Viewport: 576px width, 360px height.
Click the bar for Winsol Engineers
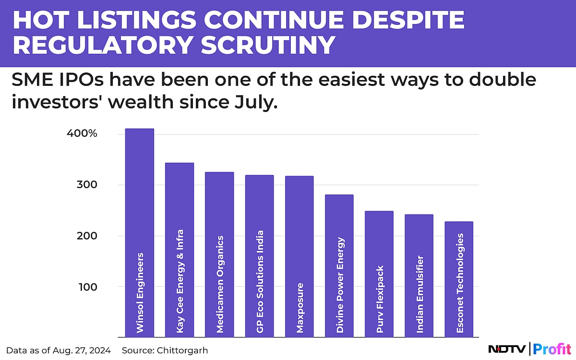click(x=140, y=233)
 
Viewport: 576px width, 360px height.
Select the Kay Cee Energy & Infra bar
click(x=180, y=250)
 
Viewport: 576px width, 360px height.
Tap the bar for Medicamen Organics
click(x=219, y=254)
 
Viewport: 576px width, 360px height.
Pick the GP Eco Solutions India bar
click(x=259, y=256)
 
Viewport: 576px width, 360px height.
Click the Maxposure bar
click(x=300, y=256)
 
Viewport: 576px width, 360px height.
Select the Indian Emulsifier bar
click(x=419, y=276)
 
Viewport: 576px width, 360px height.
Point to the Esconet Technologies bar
click(x=459, y=279)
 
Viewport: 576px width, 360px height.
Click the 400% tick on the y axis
click(x=82, y=133)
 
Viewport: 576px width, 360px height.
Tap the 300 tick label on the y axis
click(x=88, y=185)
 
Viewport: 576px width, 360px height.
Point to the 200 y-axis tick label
click(x=88, y=236)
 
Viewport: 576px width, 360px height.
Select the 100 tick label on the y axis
click(x=88, y=287)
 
